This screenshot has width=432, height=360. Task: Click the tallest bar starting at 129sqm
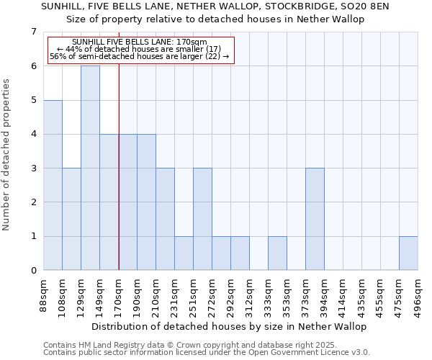coord(90,168)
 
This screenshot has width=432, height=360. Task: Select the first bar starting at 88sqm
coord(53,185)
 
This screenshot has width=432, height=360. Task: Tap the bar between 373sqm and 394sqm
coord(315,219)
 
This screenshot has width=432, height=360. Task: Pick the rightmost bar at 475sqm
coord(408,253)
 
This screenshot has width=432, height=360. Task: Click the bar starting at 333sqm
coord(277,253)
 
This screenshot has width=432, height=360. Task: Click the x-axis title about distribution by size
coord(230,326)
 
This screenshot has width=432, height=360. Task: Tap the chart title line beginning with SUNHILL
coord(215,6)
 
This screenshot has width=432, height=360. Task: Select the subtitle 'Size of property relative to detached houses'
coord(215,19)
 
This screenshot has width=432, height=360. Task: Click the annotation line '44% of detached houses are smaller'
coord(140,49)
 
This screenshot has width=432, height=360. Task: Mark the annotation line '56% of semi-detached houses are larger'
coord(140,56)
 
